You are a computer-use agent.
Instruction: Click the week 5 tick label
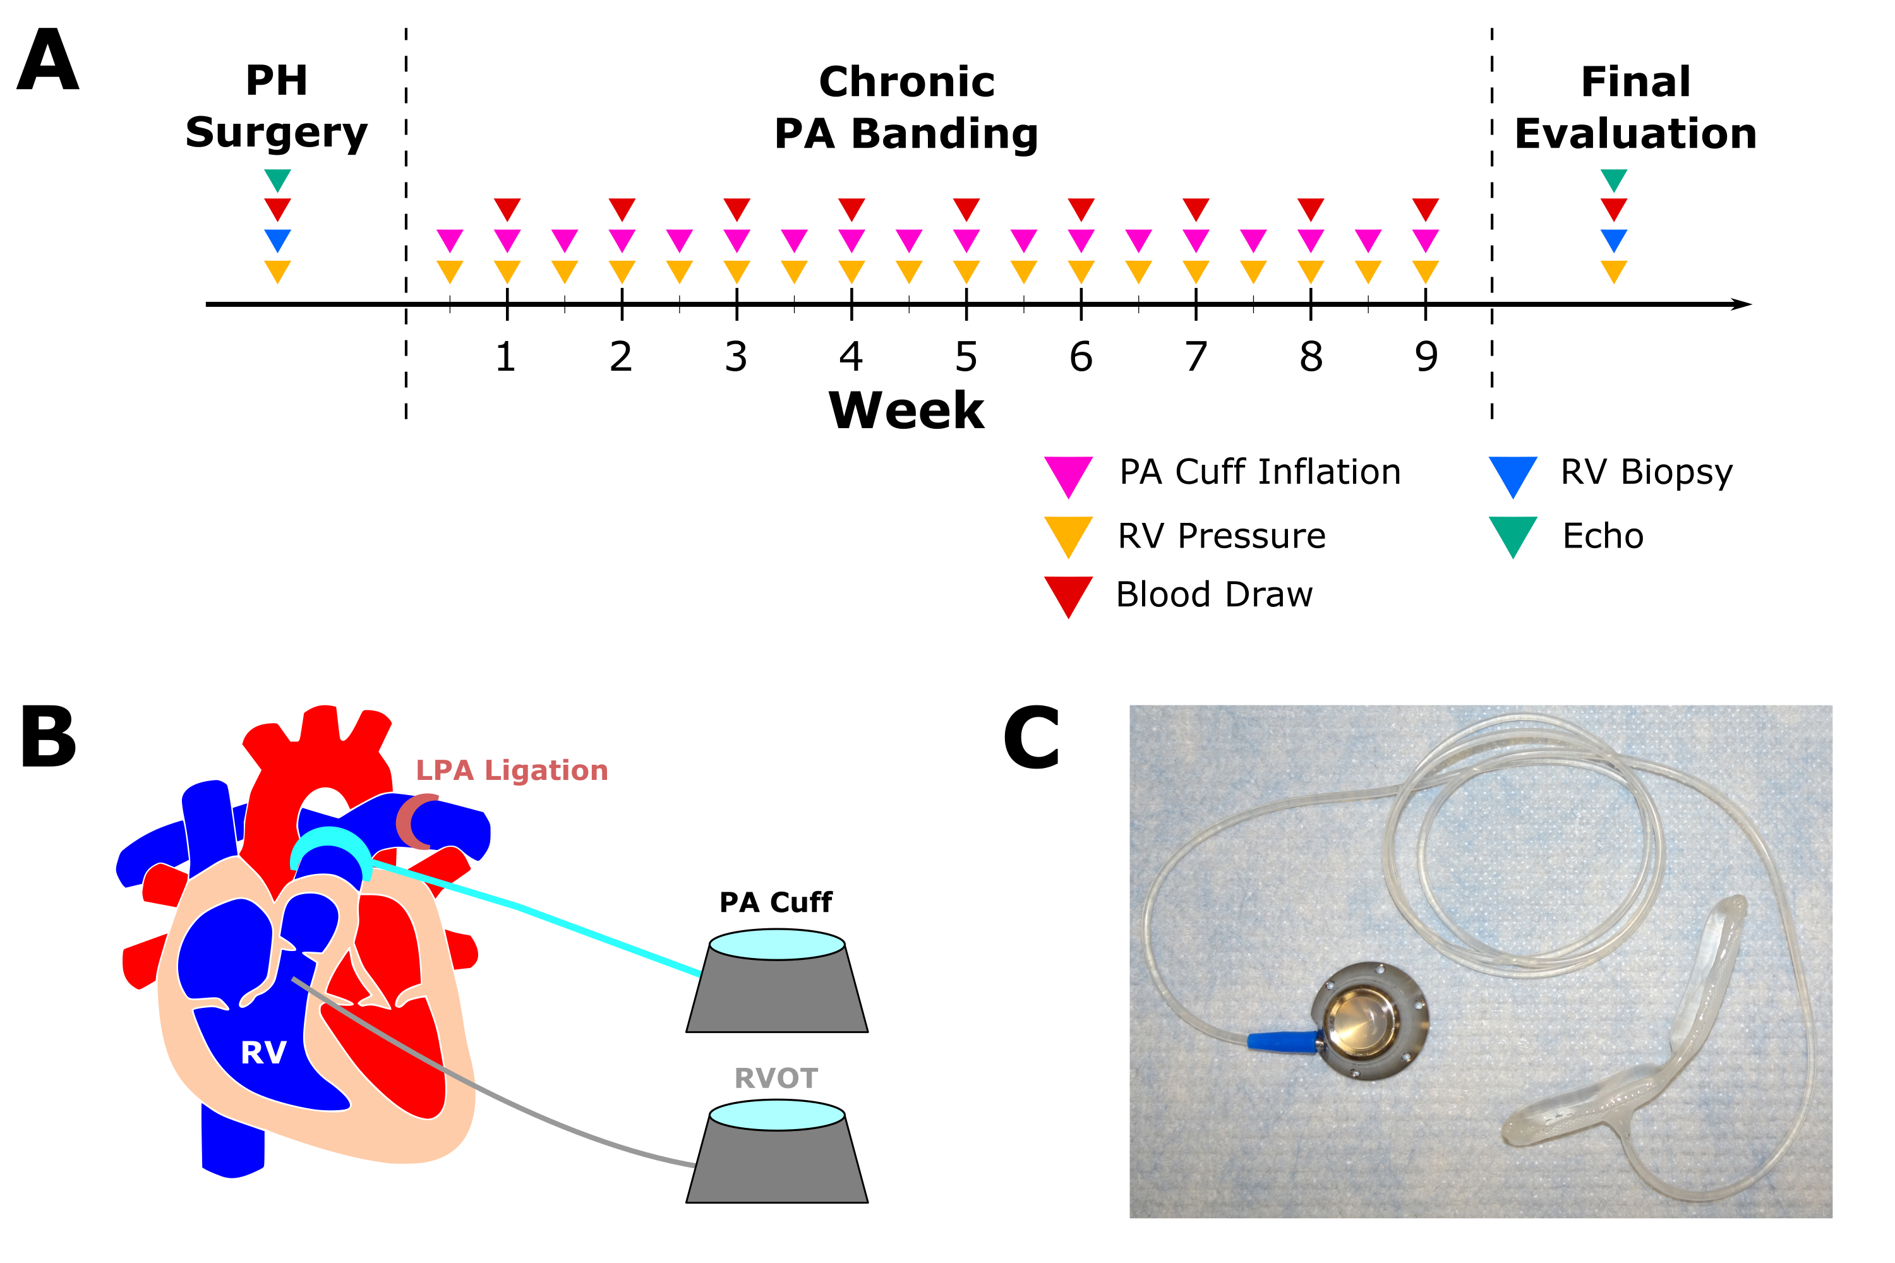966,357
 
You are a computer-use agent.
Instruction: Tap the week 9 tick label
1426,357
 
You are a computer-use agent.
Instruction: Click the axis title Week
906,411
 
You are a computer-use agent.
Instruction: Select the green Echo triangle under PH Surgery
277,179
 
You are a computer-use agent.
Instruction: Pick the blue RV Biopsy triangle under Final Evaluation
1614,240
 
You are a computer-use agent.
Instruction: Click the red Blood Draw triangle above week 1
507,208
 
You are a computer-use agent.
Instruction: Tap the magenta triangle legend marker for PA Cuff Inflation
1068,476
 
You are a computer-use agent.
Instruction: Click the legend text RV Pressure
1222,536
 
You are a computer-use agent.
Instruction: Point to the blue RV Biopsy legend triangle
1513,476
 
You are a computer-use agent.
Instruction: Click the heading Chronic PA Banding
906,107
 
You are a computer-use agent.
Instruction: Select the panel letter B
49,737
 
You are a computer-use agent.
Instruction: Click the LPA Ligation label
512,771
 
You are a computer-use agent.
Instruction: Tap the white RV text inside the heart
263,1053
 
